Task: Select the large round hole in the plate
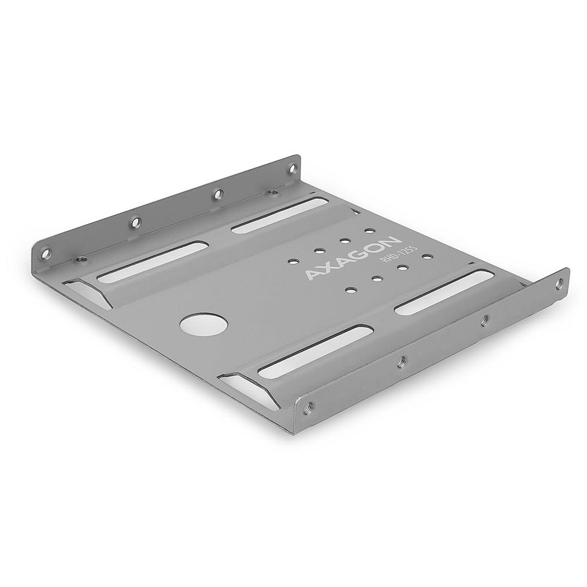tap(203, 324)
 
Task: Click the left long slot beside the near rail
tap(315, 351)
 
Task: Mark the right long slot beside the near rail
tap(444, 292)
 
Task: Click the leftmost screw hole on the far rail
tap(46, 254)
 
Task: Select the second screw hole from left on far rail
tap(135, 222)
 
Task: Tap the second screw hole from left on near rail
tap(401, 362)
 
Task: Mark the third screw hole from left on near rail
tap(484, 321)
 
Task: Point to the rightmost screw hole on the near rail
tap(558, 284)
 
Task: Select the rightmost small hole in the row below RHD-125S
tap(427, 257)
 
